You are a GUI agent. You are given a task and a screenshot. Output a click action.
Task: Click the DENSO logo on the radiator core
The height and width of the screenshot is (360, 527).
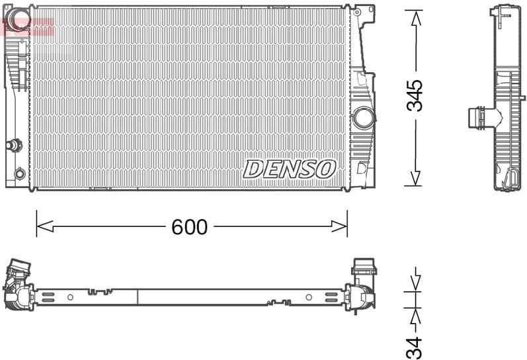coord(290,169)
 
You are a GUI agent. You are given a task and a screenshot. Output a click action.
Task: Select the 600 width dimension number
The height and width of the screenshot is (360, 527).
coord(189,227)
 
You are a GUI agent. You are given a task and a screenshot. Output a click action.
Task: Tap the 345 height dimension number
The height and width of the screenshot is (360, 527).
coord(415,96)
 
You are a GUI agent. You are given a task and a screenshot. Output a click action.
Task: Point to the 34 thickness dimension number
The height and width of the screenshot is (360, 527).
coord(415,347)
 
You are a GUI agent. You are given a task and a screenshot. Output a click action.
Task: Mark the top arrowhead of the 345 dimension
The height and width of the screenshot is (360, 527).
coord(415,18)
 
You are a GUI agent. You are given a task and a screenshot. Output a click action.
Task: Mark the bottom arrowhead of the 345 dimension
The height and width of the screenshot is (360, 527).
coord(415,177)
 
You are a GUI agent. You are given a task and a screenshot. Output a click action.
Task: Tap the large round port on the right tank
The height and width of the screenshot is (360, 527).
coord(363,118)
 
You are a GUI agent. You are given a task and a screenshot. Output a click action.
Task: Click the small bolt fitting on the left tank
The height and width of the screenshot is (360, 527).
coord(13,145)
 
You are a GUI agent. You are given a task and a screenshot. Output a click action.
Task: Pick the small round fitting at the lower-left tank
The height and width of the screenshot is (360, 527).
coord(20,173)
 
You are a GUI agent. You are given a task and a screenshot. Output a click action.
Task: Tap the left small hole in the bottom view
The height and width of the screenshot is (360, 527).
coord(70,297)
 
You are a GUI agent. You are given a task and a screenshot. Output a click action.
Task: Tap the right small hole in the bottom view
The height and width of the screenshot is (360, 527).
coord(308,297)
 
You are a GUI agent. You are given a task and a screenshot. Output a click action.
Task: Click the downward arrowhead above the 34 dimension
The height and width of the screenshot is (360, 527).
coord(415,283)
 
